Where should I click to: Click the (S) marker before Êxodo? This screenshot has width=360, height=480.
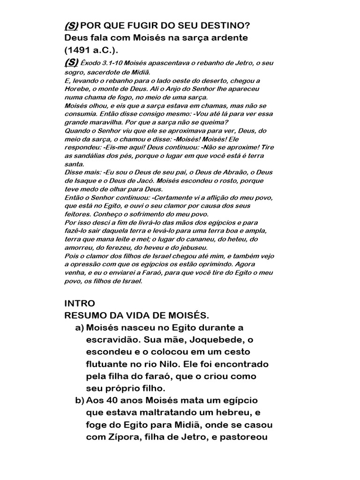pos(72,62)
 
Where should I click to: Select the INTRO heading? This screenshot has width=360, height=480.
pos(79,303)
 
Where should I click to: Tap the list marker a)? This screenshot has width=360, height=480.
pos(80,327)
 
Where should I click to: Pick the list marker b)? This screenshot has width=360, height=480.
pos(80,401)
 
